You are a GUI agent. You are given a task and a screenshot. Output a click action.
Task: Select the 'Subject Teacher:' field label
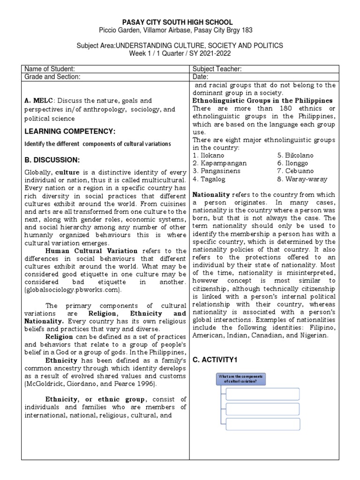[x=217, y=69]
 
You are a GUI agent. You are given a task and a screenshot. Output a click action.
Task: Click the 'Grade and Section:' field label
[x=52, y=77]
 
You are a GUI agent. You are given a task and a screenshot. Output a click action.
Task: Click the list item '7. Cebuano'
[x=297, y=171]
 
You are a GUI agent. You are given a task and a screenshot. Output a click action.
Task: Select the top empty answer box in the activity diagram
[x=263, y=393]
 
